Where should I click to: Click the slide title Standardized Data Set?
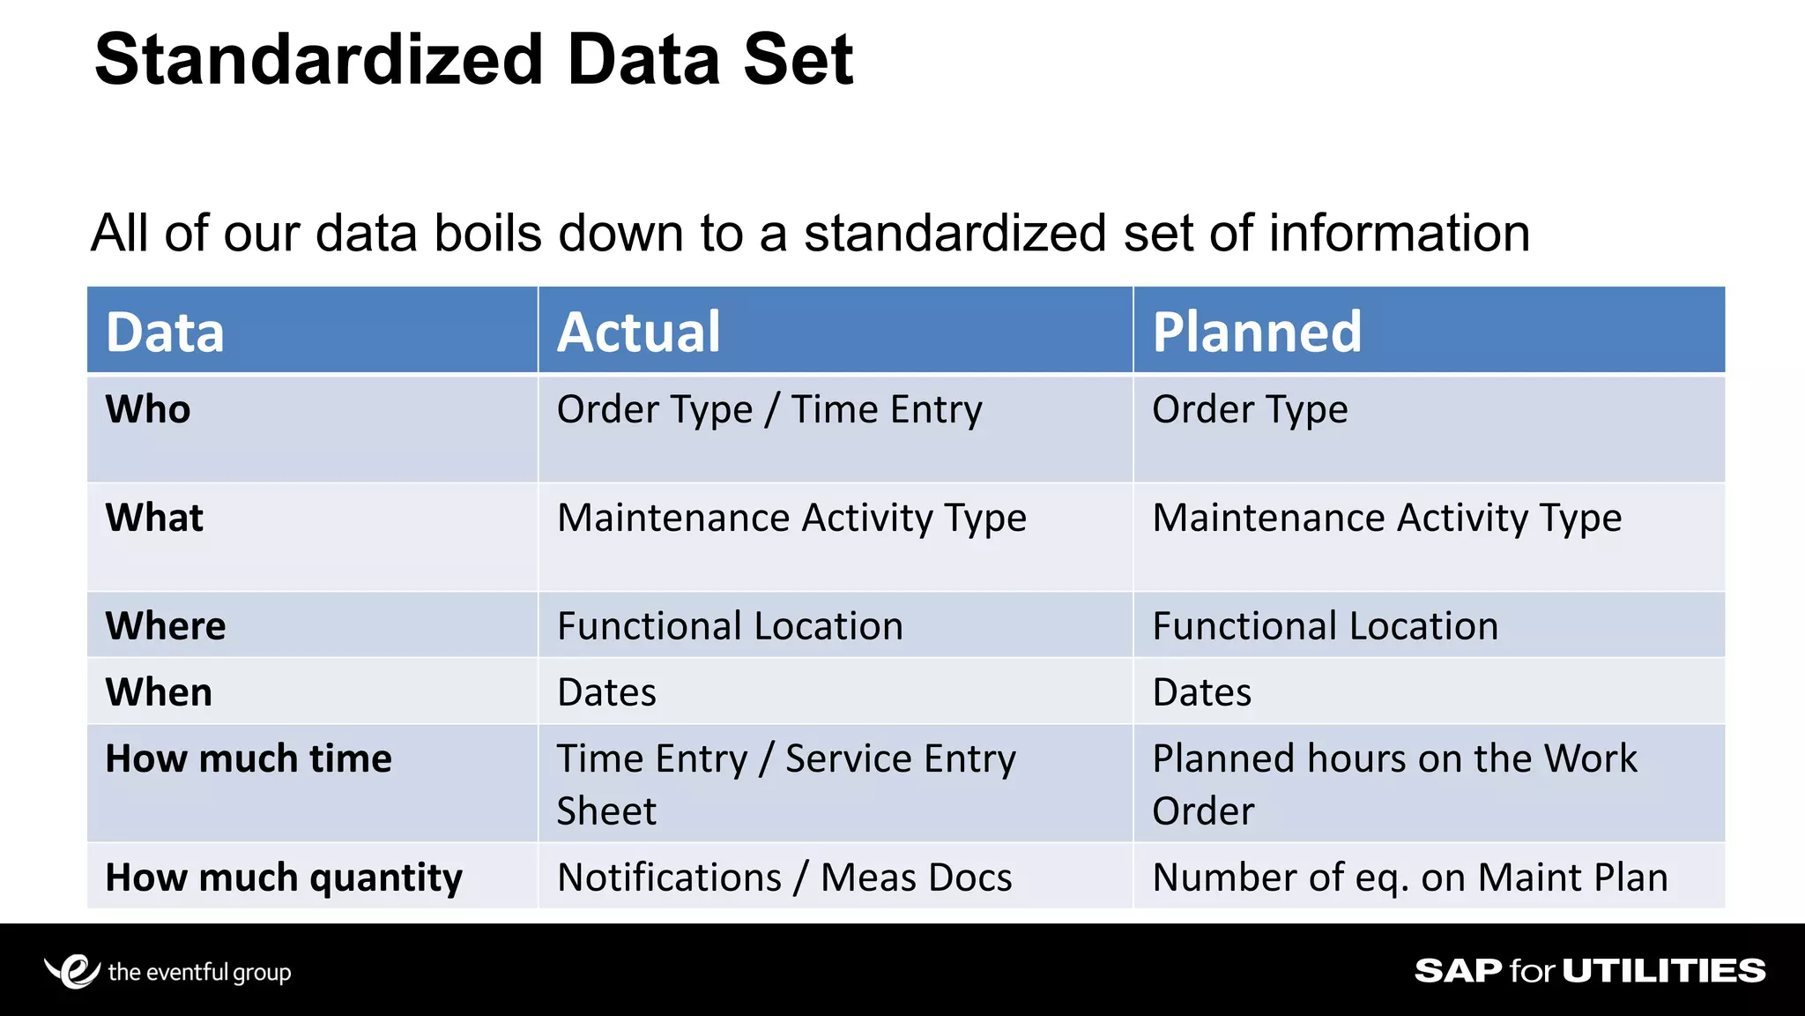coord(473,60)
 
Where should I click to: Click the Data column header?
coord(165,332)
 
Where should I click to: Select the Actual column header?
coord(638,332)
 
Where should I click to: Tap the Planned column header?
coord(1257,332)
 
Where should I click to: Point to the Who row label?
coord(148,409)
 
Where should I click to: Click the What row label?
coord(154,518)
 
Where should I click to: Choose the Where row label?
coord(166,626)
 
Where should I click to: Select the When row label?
coord(159,692)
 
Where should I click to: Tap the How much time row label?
coord(249,758)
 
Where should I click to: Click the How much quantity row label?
coord(284,878)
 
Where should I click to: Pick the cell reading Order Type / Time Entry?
coord(769,410)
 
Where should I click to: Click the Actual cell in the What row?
coord(791,519)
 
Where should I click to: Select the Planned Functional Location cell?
coord(1325,626)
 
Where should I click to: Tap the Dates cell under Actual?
coord(606,692)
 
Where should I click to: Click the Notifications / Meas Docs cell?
coord(784,878)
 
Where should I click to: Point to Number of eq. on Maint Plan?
coord(1410,878)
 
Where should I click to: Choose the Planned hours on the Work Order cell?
coord(1394,784)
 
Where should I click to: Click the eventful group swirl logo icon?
coord(72,971)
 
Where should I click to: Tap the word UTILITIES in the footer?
coord(1664,971)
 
